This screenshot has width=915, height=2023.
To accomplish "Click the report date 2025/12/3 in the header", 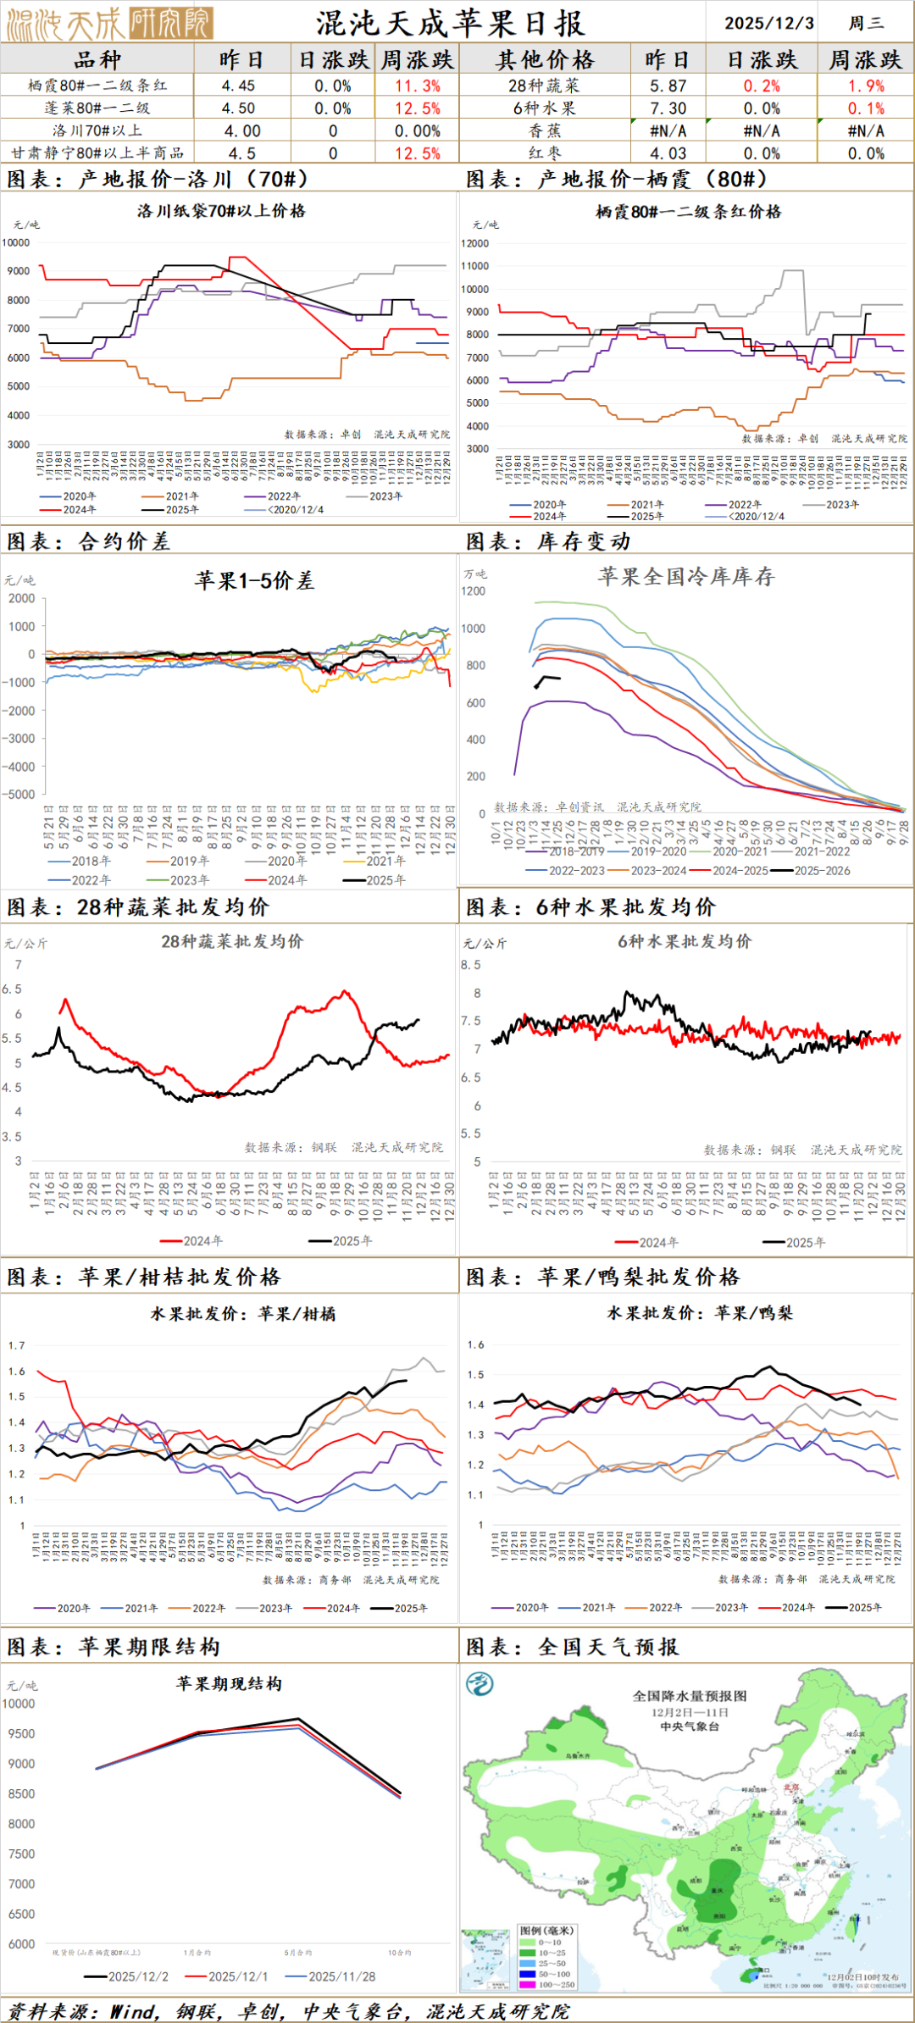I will click(x=768, y=23).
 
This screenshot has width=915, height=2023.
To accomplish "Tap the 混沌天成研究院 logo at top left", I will click(x=108, y=24).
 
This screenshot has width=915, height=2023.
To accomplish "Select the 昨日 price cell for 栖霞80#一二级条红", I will click(x=238, y=86).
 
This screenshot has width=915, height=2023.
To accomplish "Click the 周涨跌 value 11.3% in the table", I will click(x=418, y=86).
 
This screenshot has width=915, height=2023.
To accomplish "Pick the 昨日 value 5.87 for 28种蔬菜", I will click(x=668, y=86).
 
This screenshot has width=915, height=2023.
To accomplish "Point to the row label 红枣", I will click(x=545, y=153).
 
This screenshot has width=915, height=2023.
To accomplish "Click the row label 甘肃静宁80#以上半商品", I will click(x=97, y=153).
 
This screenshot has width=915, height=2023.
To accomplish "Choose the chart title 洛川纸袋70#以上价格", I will click(x=221, y=211).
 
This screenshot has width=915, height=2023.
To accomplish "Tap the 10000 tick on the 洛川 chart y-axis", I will click(x=16, y=242).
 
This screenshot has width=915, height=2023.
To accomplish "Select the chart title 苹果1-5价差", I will click(x=254, y=580).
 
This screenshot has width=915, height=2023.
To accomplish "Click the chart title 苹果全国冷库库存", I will click(x=686, y=577).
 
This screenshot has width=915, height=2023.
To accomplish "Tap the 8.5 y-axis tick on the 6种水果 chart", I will click(x=471, y=965).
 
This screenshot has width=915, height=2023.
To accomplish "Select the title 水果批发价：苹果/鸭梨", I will click(x=700, y=1313).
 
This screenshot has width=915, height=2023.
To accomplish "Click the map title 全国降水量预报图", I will click(x=690, y=1695).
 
